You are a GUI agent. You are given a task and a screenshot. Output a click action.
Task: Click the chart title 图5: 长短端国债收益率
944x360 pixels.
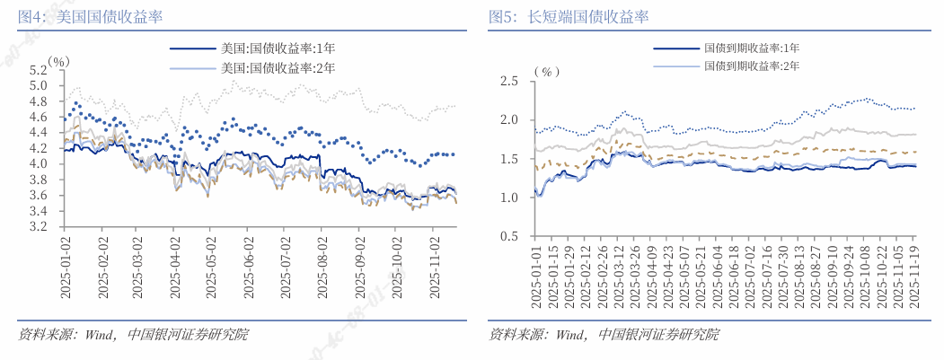(569, 16)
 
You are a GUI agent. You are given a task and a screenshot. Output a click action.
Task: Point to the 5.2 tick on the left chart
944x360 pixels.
(38, 69)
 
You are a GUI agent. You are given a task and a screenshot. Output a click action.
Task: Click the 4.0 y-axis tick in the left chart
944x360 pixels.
(38, 163)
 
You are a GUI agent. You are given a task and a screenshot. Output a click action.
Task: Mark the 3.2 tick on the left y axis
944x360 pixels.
(38, 226)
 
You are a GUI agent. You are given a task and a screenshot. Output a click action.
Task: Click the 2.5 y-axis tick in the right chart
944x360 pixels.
(509, 81)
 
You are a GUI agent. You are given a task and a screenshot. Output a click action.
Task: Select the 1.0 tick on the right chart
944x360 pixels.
(509, 198)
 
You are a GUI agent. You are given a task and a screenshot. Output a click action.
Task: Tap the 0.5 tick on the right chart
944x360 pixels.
(509, 236)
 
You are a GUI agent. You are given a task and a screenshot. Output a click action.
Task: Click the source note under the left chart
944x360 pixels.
(133, 335)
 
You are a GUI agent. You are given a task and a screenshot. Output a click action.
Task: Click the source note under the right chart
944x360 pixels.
(604, 335)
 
